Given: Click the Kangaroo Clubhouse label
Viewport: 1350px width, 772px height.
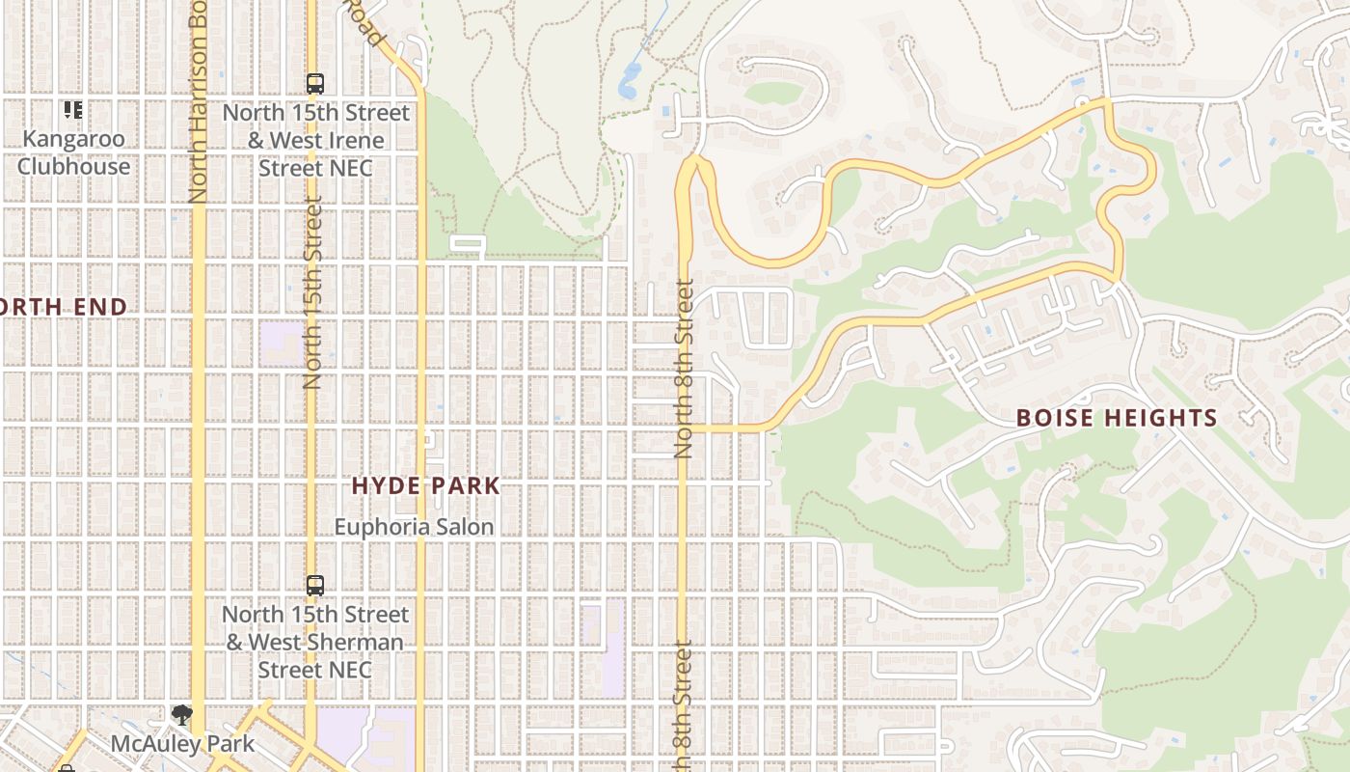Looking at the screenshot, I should point(73,152).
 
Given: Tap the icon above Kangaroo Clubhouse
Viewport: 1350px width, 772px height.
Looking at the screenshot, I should point(73,109).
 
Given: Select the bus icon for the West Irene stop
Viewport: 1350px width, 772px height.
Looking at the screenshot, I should point(315,84).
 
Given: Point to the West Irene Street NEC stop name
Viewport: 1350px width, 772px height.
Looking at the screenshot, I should point(315,140).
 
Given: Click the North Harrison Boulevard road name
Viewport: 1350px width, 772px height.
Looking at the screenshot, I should point(199,101).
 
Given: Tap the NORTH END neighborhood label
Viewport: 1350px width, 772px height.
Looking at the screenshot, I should point(62,307).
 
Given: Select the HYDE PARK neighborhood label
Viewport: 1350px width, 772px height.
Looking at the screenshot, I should point(425,485).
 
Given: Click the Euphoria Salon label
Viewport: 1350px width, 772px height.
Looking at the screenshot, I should point(414,527).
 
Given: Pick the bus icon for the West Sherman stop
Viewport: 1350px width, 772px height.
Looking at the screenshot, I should point(315,586).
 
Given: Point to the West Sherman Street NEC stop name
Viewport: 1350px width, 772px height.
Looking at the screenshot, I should point(315,642).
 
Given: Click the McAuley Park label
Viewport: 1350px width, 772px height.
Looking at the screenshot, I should point(182,744).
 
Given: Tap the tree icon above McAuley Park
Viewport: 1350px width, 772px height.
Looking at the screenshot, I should point(182,715).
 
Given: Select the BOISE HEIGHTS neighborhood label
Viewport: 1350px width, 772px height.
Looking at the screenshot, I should point(1117,418).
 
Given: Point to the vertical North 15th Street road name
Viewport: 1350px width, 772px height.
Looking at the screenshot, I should point(311,292).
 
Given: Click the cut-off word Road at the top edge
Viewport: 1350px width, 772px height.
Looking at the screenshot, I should point(367,23).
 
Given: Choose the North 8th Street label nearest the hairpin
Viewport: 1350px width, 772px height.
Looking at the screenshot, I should point(685,368).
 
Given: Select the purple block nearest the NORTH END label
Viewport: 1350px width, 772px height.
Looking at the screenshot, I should point(281,344).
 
